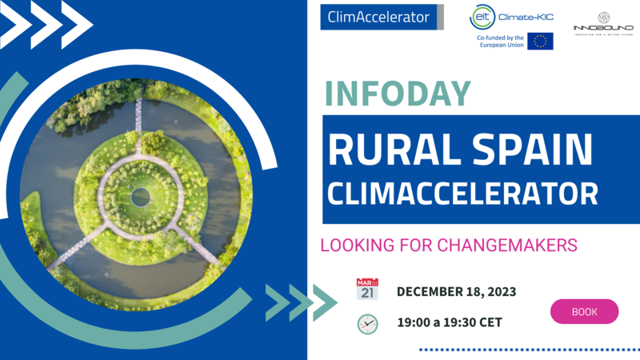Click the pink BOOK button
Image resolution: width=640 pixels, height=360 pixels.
click(584, 311)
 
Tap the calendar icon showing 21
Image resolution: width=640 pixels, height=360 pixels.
click(367, 290)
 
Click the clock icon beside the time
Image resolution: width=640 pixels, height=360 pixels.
click(367, 324)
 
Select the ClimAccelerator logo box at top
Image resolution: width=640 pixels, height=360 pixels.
click(378, 17)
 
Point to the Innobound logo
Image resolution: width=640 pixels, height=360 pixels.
click(604, 22)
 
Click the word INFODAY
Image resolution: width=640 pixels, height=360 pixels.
click(397, 94)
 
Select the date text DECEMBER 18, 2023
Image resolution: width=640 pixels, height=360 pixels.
click(456, 291)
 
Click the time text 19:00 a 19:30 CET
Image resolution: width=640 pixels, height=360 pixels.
click(449, 324)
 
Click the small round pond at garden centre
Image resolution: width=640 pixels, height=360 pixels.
click(141, 196)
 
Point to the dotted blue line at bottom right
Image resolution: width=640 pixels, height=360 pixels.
click(529, 350)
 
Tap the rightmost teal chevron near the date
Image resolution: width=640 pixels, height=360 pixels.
click(323, 302)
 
